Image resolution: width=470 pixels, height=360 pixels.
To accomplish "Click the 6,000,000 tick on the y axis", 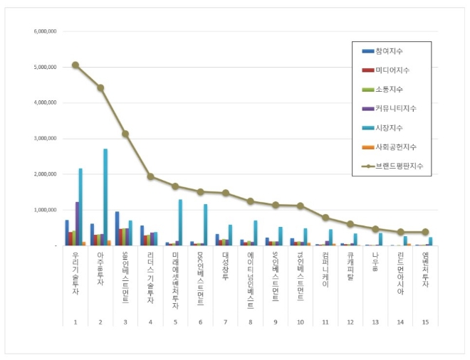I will click(46, 32).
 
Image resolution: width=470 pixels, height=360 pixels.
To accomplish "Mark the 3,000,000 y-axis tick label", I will click(46, 139).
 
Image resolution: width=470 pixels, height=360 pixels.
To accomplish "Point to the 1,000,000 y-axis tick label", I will click(46, 210).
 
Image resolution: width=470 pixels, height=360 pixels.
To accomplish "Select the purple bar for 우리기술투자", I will click(77, 223).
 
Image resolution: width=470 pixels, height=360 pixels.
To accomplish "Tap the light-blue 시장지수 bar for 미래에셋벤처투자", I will click(180, 222).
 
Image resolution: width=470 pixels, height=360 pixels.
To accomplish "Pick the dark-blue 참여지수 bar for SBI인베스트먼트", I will click(117, 228).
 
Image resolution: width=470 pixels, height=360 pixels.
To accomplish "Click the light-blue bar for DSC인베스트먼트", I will click(206, 224).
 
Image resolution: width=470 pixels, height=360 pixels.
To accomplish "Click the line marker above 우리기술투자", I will click(75, 65).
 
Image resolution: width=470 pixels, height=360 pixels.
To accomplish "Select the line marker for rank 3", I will click(125, 134).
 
